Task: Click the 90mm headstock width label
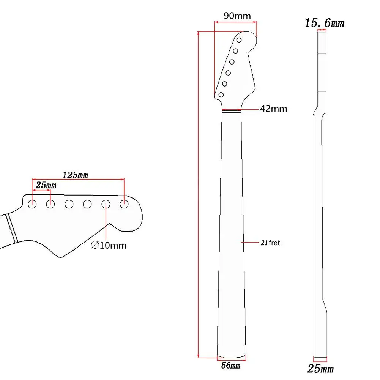[x=237, y=16]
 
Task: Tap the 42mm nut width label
[x=273, y=109]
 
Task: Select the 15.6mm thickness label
[x=325, y=23]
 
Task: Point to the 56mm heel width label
[x=230, y=366]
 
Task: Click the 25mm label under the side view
[x=321, y=368]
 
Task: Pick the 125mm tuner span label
[x=75, y=175]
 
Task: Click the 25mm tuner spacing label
[x=46, y=185]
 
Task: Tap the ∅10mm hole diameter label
[x=109, y=245]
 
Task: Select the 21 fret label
[x=270, y=243]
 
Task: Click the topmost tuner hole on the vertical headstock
[x=239, y=40]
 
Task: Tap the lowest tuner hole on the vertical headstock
[x=221, y=95]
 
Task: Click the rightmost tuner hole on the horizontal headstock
[x=124, y=204]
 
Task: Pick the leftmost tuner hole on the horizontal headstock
[x=32, y=204]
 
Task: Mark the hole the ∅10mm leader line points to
[x=106, y=204]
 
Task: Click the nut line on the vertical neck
[x=232, y=110]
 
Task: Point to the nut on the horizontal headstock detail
[x=11, y=227]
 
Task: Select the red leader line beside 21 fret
[x=251, y=242]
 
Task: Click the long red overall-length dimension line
[x=198, y=194]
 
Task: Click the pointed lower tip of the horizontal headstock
[x=60, y=257]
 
